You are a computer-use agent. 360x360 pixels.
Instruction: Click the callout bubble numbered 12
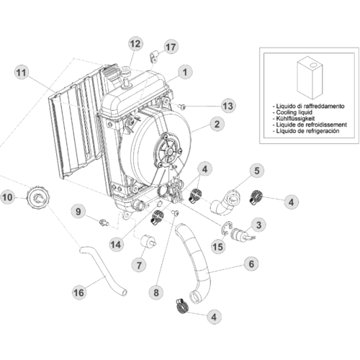(x=135, y=44)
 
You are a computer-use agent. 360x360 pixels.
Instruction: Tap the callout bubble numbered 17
(x=171, y=47)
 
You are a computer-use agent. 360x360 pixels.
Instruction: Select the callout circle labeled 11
(x=22, y=73)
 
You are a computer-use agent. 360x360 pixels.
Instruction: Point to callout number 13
(x=228, y=106)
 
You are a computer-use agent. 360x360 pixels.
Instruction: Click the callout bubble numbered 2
(x=217, y=124)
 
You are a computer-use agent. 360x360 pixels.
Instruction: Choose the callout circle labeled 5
(x=257, y=171)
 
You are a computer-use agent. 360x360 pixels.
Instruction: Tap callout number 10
(x=7, y=197)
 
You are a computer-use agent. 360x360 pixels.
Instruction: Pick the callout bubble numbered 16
(x=79, y=292)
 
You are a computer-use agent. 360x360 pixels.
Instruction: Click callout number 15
(x=218, y=246)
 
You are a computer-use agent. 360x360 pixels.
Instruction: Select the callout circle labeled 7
(x=139, y=266)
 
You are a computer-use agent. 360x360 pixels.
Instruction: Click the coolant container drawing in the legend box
(x=310, y=78)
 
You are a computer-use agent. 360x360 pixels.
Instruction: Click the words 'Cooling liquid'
(x=294, y=112)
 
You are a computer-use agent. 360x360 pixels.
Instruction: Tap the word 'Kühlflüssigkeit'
(x=295, y=119)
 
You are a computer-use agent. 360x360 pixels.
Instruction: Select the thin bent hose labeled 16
(x=102, y=272)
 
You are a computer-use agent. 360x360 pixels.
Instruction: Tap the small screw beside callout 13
(x=183, y=107)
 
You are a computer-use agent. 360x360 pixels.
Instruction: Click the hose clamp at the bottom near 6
(x=182, y=306)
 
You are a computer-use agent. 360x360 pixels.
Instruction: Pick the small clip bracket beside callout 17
(x=153, y=57)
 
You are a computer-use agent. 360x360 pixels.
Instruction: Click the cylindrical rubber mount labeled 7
(x=148, y=241)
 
